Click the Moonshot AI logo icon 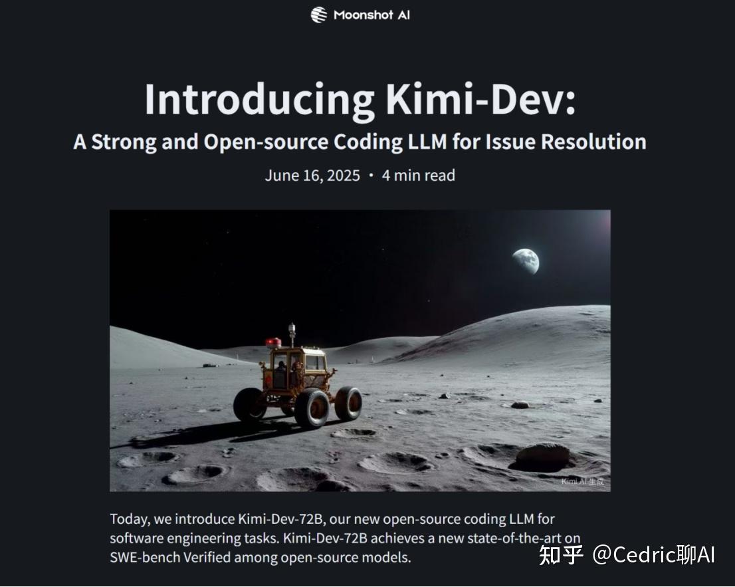click(x=319, y=15)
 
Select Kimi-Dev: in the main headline click(x=480, y=100)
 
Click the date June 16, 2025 click(x=312, y=176)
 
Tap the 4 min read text click(x=418, y=176)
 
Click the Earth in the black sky click(x=526, y=261)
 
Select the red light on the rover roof click(x=273, y=342)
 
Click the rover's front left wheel click(x=249, y=404)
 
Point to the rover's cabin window click(x=315, y=363)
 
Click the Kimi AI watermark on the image click(x=582, y=481)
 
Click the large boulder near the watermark click(x=542, y=457)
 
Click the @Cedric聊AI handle click(x=653, y=554)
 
